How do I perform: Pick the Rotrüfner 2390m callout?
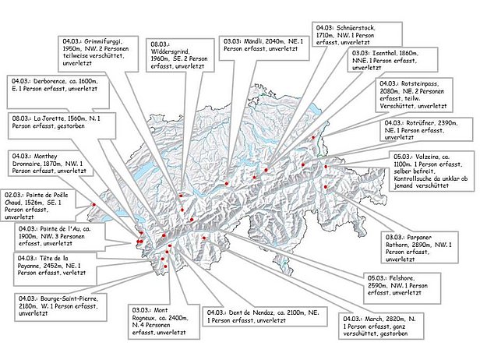click(x=425, y=129)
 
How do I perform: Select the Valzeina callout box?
click(x=432, y=171)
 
